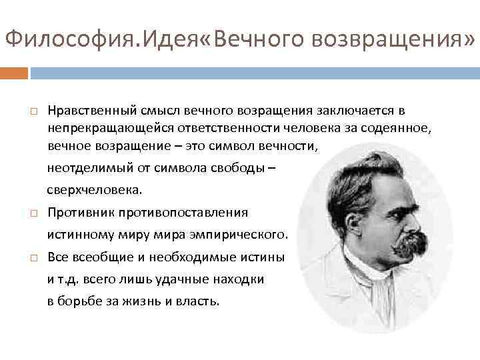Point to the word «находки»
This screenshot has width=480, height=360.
[x=240, y=279]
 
